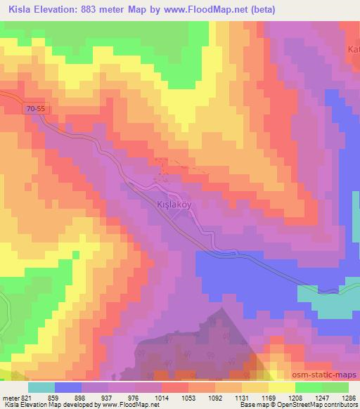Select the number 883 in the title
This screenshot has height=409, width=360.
[x=103, y=10]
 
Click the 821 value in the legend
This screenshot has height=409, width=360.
[x=27, y=397]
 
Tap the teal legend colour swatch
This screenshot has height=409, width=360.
[x=41, y=387]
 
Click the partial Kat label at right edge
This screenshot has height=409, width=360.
[x=354, y=49]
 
